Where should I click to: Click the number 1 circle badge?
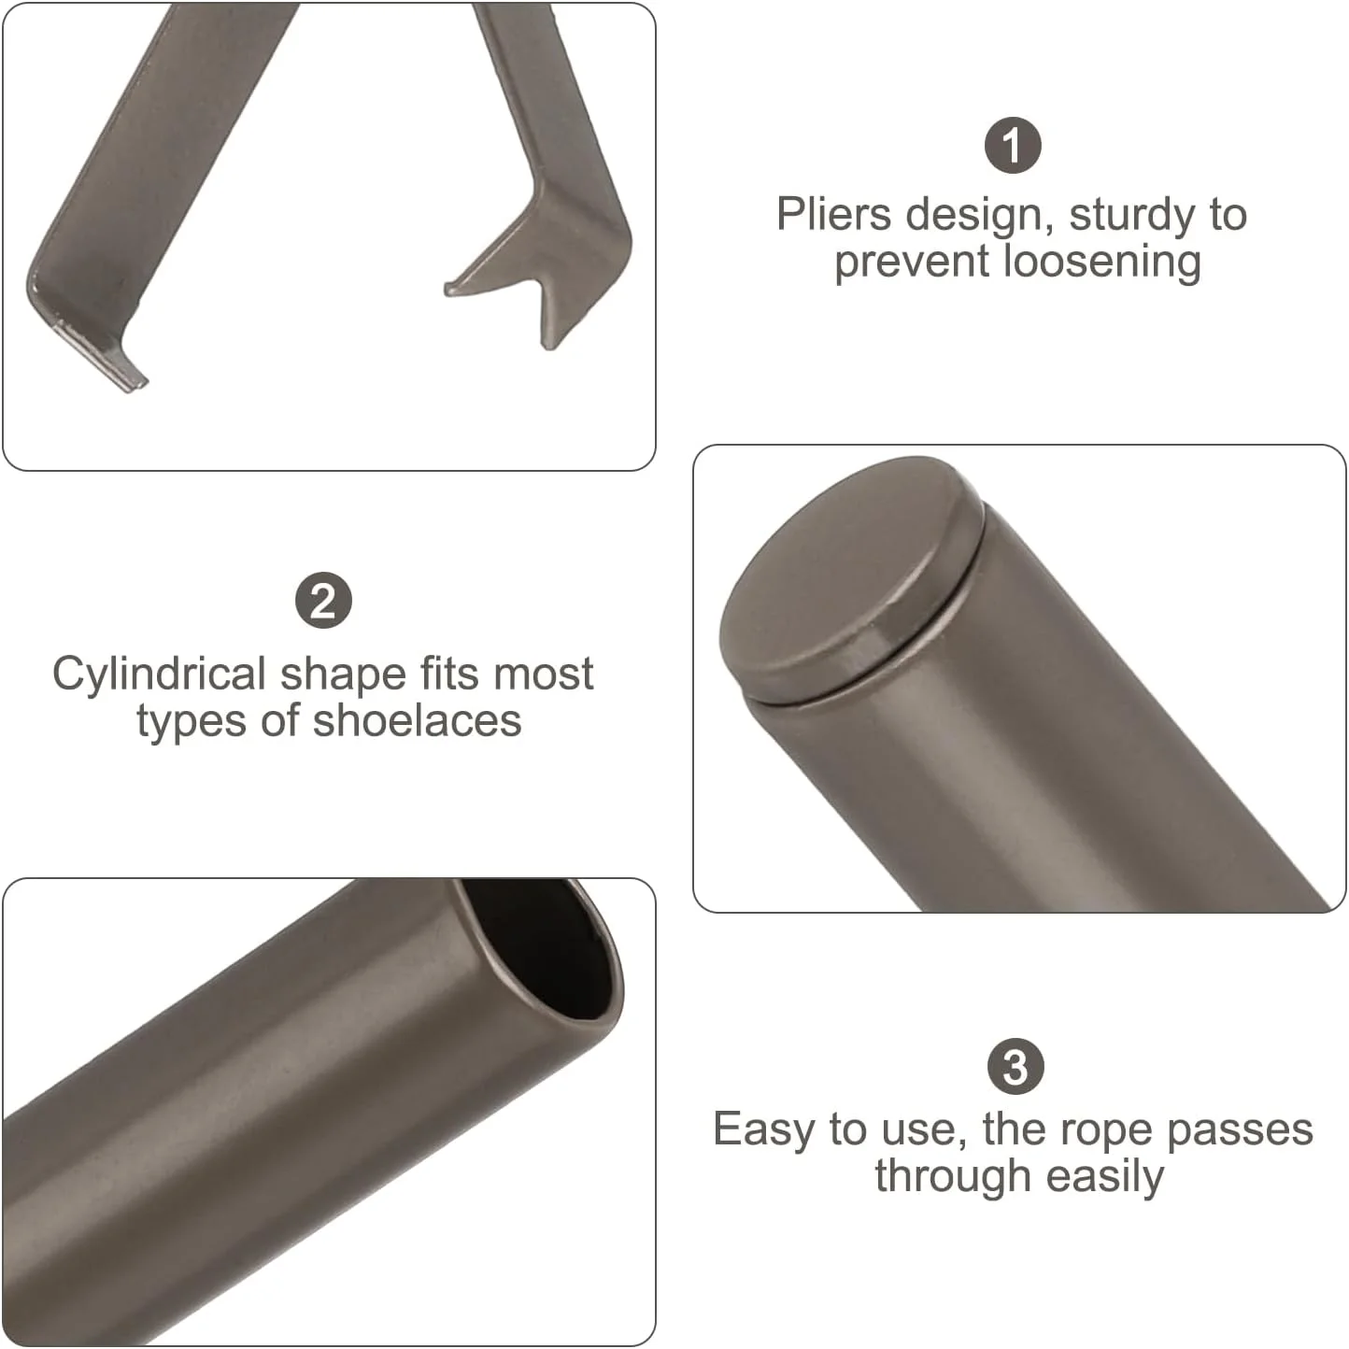pyautogui.click(x=1013, y=145)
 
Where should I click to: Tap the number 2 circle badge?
pyautogui.click(x=323, y=601)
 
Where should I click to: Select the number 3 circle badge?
pyautogui.click(x=1015, y=1067)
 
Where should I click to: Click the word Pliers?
pyautogui.click(x=833, y=214)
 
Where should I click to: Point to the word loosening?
pyautogui.click(x=1101, y=262)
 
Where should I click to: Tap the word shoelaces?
pyautogui.click(x=418, y=720)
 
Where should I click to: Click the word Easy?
pyautogui.click(x=763, y=1130)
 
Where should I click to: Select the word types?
pyautogui.click(x=192, y=722)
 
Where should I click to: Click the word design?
pyautogui.click(x=980, y=216)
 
